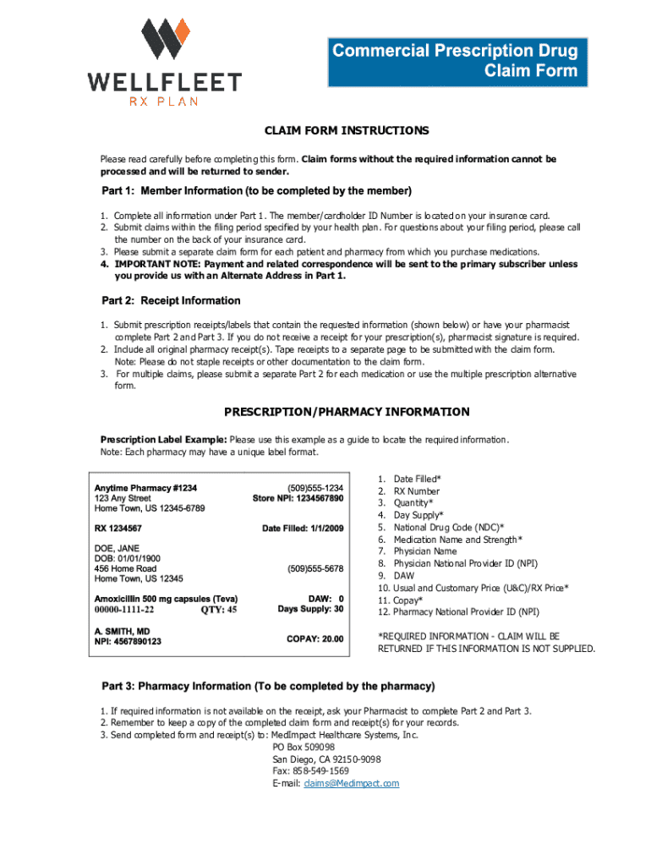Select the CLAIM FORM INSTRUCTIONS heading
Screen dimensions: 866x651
pos(347,131)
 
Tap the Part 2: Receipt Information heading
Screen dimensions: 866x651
pos(171,301)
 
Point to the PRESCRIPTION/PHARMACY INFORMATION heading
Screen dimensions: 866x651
pos(347,413)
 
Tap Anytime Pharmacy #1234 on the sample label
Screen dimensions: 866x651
pos(145,488)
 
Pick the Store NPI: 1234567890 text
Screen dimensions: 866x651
pos(298,499)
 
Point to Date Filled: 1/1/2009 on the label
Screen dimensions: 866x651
pos(303,529)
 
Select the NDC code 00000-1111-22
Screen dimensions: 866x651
pos(124,609)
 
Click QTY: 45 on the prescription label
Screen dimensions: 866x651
pos(218,609)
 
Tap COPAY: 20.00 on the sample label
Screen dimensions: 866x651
pos(315,639)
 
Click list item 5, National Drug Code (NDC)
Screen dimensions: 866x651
pos(451,527)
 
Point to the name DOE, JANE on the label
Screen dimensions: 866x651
pos(117,548)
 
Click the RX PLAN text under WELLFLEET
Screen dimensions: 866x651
pos(164,101)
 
